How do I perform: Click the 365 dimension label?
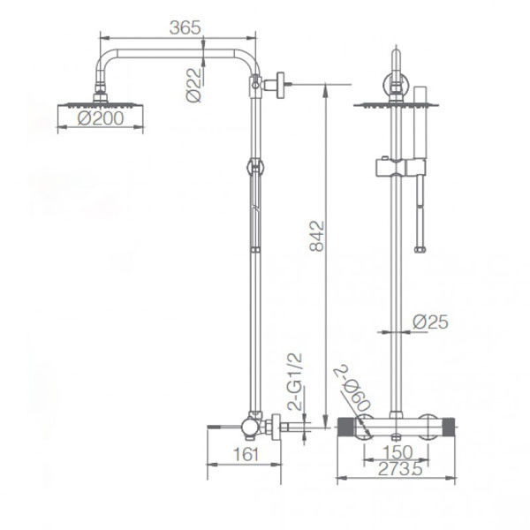click(x=185, y=27)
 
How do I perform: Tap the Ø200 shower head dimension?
click(x=101, y=118)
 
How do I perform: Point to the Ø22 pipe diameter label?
click(x=193, y=85)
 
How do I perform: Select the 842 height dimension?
click(x=317, y=236)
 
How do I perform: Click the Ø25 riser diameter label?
click(x=430, y=322)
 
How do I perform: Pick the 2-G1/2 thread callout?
click(x=295, y=382)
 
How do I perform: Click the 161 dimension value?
click(x=246, y=454)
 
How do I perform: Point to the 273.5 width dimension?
click(x=400, y=469)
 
